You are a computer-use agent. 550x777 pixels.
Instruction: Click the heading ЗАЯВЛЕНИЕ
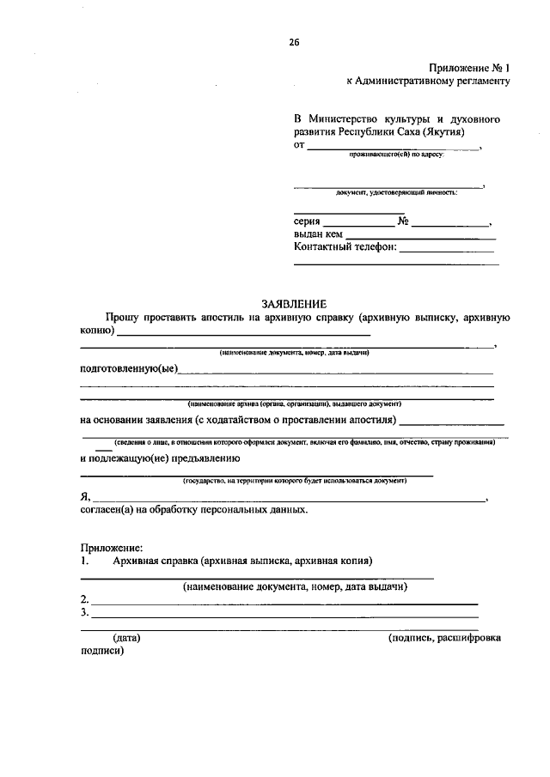tap(295, 303)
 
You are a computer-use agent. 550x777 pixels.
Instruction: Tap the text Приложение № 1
tap(469, 68)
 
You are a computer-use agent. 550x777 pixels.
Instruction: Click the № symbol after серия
tap(402, 221)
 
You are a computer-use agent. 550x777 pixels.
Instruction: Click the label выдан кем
tap(319, 234)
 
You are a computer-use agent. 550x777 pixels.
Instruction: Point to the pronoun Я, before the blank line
tap(84, 496)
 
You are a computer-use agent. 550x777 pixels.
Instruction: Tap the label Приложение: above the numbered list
tap(112, 547)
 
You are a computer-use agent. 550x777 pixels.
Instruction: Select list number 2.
tap(84, 599)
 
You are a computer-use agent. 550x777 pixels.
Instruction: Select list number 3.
tap(84, 613)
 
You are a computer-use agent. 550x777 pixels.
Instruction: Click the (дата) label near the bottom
tap(126, 638)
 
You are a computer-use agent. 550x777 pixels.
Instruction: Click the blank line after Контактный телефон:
tap(447, 250)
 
